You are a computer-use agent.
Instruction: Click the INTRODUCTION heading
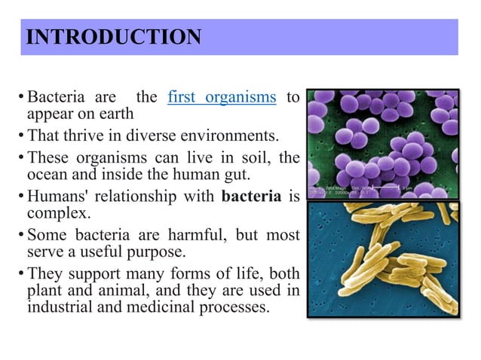click(x=113, y=37)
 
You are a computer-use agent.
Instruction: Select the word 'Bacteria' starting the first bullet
click(x=53, y=98)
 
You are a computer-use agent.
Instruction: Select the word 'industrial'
click(x=60, y=307)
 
